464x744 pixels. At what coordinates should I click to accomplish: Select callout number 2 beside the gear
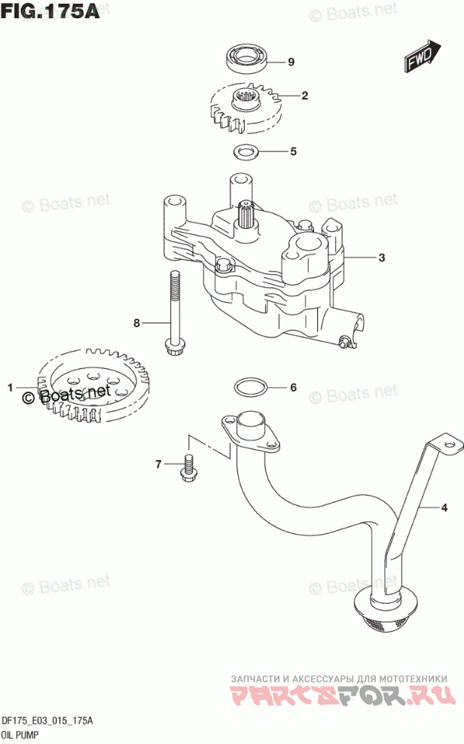(x=304, y=96)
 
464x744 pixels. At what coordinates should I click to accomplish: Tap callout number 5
(x=294, y=151)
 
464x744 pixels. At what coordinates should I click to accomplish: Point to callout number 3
(x=382, y=258)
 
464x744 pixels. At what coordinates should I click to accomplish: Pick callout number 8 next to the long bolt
(x=137, y=323)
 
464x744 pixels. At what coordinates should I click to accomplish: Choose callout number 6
(x=294, y=388)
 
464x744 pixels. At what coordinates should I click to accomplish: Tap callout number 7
(x=159, y=465)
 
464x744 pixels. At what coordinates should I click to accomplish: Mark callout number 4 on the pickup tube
(x=444, y=508)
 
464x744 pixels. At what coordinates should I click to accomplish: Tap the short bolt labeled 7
(x=187, y=468)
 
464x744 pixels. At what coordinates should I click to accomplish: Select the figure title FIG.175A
(x=50, y=12)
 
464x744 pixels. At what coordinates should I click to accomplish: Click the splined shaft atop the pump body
(x=247, y=217)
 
